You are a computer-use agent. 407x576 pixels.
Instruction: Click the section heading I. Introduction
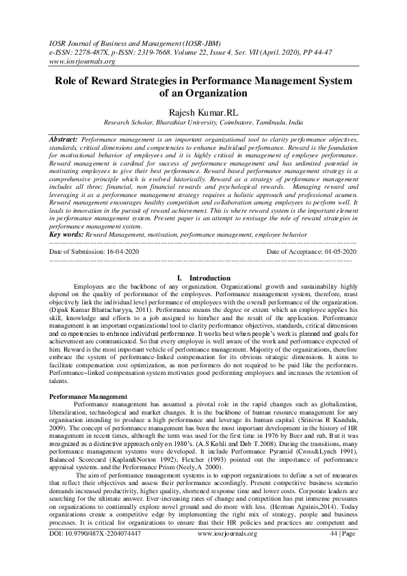coord(204,278)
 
